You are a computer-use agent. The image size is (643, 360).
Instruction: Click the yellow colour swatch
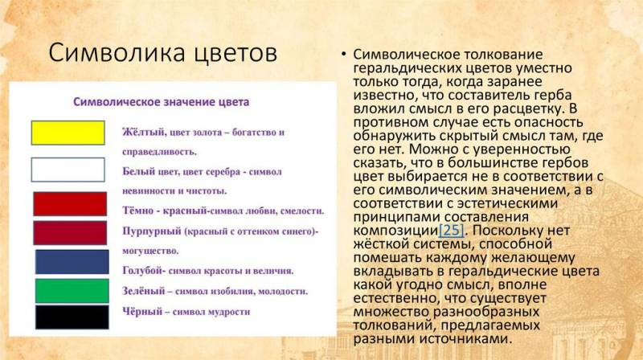coord(68,133)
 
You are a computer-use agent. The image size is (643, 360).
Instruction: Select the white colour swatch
coord(68,170)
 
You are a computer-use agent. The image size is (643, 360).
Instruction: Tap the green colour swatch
coord(72,291)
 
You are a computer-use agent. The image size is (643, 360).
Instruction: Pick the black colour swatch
coord(72,317)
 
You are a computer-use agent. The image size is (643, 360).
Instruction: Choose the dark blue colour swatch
coord(72,262)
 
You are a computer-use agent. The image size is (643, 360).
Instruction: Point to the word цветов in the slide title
coord(235,54)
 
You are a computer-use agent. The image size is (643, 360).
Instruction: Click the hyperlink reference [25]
coord(451,230)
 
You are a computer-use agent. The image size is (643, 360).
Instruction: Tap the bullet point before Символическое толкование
coord(344,54)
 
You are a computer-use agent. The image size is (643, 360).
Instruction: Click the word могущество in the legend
coord(150,251)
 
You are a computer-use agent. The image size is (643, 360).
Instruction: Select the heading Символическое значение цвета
coord(162,102)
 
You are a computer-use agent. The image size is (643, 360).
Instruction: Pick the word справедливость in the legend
coord(159,152)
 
